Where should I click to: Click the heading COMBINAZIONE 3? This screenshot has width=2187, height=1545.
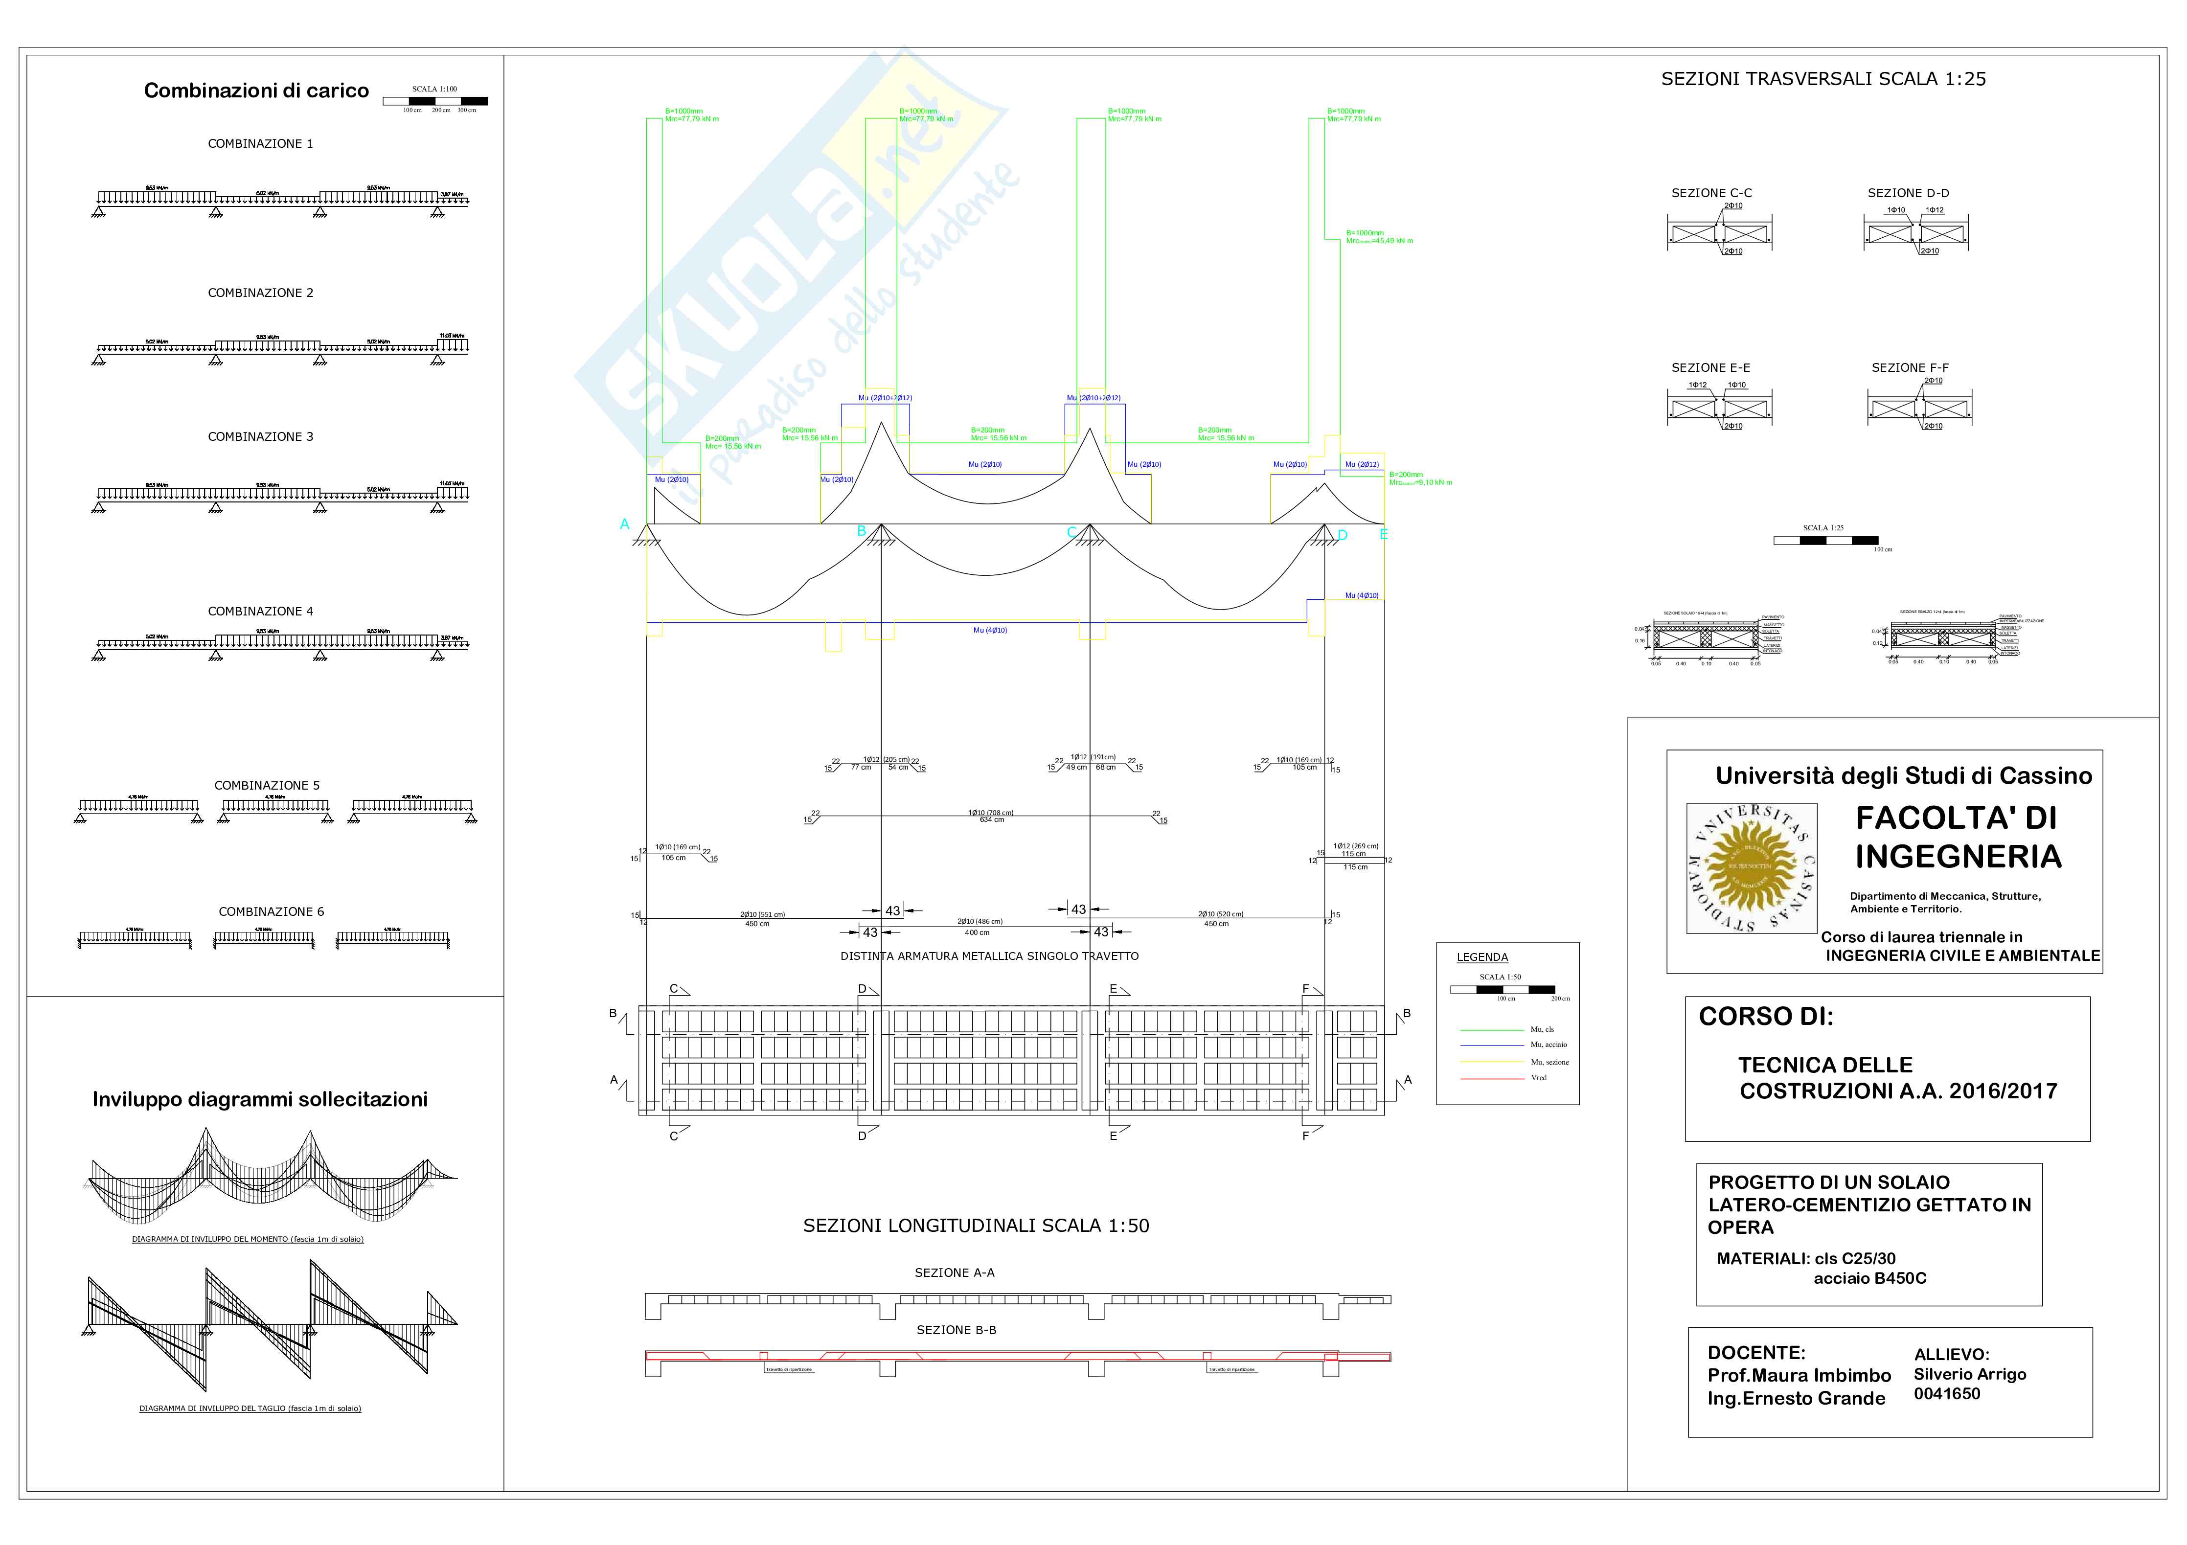pyautogui.click(x=260, y=436)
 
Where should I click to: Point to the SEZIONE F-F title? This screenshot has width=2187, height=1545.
pyautogui.click(x=1909, y=368)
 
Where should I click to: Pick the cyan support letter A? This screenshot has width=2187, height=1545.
pyautogui.click(x=625, y=524)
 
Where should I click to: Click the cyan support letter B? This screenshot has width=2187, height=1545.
pyautogui.click(x=861, y=530)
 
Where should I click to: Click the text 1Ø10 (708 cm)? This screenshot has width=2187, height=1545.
pyautogui.click(x=991, y=813)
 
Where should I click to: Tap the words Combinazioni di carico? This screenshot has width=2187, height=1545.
pyautogui.click(x=256, y=91)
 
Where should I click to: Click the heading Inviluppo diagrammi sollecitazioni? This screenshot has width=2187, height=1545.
pyautogui.click(x=260, y=1099)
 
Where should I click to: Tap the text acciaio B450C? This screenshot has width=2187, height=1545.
pyautogui.click(x=1869, y=1278)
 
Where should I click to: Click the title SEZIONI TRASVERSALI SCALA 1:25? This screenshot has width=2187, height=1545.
pyautogui.click(x=1823, y=79)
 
